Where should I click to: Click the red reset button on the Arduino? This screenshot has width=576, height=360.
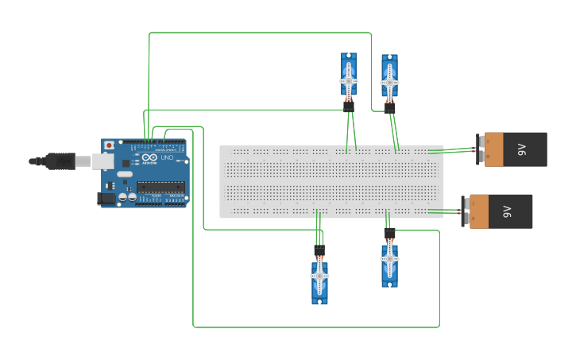109,146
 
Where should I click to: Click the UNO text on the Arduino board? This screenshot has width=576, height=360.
167,158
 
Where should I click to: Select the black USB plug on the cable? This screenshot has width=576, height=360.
60,161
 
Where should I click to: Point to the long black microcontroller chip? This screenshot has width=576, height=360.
160,188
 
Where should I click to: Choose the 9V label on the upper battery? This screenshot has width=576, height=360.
522,149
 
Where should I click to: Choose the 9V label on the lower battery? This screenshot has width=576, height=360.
507,211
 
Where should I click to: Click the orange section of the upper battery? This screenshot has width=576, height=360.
494,149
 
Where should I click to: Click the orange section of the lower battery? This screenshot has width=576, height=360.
479,211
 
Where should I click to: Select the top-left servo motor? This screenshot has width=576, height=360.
349,76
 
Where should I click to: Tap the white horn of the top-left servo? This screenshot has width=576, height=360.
348,81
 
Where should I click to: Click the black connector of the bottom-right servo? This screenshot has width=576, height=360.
389,234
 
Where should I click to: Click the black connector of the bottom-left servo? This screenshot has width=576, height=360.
319,251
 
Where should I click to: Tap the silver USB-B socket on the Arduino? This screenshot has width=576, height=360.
102,161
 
